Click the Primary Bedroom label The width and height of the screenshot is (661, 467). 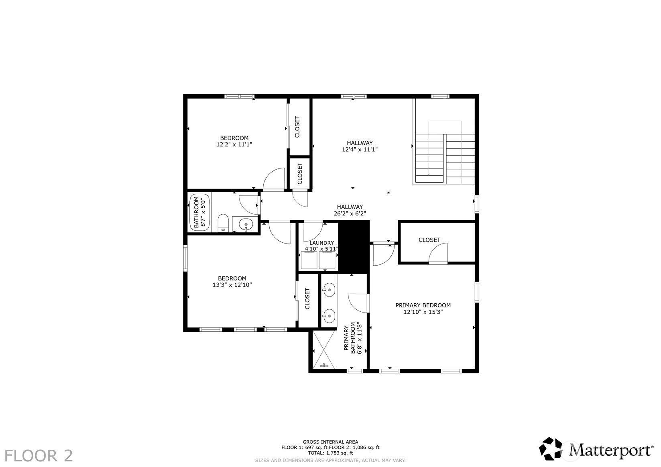click(423, 305)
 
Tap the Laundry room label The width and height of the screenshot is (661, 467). click(321, 243)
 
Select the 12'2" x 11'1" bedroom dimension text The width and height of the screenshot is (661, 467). click(234, 144)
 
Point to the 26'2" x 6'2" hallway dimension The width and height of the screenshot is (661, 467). click(350, 213)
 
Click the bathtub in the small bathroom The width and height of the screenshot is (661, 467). click(199, 212)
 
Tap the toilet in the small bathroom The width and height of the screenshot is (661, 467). click(223, 223)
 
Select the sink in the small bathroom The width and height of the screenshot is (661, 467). click(246, 225)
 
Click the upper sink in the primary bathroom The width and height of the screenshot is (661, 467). click(328, 290)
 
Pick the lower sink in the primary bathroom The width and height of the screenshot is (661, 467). click(328, 316)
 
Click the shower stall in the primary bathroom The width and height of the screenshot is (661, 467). click(324, 349)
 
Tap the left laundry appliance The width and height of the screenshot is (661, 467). click(309, 260)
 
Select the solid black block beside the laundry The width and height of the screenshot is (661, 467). click(354, 247)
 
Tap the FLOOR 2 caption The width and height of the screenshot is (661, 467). click(39, 456)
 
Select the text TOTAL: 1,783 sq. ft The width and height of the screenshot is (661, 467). click(330, 453)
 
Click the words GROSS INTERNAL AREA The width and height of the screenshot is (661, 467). click(330, 442)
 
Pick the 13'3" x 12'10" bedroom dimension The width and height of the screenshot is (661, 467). click(232, 285)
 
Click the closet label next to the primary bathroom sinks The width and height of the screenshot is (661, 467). click(307, 298)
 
